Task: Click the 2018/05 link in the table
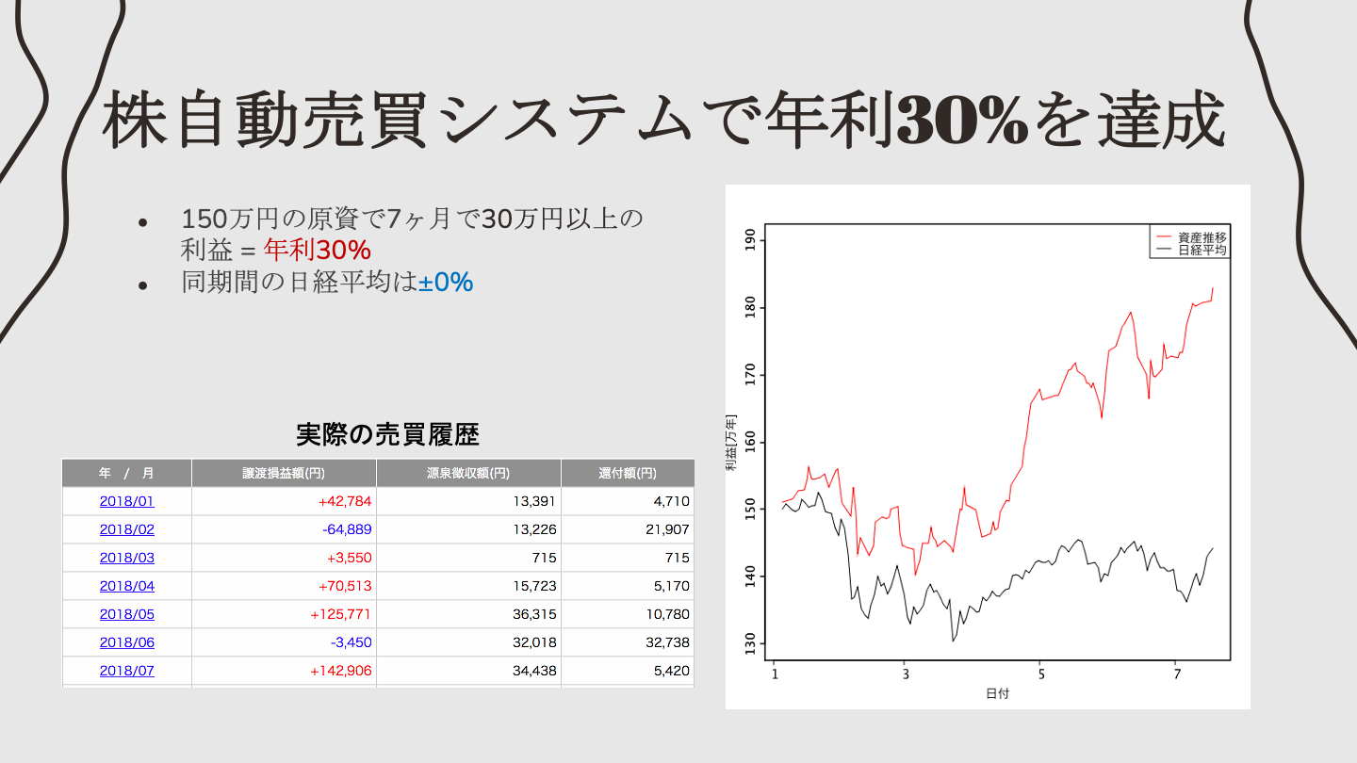(126, 614)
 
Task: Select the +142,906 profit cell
(340, 671)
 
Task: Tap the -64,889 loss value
(347, 529)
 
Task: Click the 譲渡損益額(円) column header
(284, 473)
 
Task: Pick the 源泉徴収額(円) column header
(468, 473)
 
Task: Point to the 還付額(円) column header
(628, 473)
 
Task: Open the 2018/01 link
(126, 501)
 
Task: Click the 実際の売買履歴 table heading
(387, 434)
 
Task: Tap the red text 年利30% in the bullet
(317, 251)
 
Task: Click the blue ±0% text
(446, 282)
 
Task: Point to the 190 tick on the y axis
(751, 240)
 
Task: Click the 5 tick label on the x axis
(1041, 674)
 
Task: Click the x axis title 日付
(997, 694)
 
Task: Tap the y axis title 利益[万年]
(731, 443)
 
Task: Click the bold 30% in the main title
(961, 121)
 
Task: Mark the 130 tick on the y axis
(751, 643)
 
